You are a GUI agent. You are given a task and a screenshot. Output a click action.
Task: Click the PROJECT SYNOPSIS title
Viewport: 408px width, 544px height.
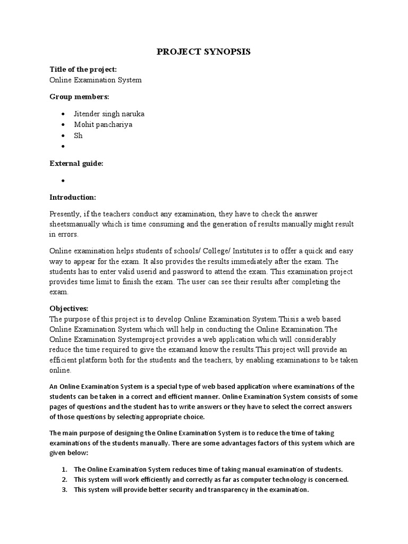point(203,52)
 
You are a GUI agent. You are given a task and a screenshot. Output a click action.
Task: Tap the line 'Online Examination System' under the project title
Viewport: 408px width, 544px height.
point(96,80)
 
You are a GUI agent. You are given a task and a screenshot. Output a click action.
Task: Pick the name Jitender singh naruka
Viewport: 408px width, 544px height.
point(109,114)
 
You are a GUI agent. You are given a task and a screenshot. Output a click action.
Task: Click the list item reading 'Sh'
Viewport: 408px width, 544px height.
point(78,135)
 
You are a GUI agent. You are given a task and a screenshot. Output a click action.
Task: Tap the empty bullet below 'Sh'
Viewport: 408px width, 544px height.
point(63,147)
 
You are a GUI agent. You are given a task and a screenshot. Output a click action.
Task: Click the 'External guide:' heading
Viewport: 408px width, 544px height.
point(76,164)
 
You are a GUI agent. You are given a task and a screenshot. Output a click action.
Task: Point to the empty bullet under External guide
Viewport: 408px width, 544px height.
point(63,181)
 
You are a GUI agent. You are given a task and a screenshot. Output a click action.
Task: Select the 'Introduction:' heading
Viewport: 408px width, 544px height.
point(73,197)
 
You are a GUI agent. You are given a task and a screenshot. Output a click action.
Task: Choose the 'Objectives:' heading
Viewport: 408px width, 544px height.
point(69,308)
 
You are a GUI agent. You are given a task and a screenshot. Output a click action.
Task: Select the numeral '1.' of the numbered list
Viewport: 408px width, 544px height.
point(63,470)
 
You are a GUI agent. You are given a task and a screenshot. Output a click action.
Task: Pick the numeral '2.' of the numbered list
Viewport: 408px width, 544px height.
point(63,480)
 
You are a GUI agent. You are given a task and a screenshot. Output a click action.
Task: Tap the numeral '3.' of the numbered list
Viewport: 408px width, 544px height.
point(63,490)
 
